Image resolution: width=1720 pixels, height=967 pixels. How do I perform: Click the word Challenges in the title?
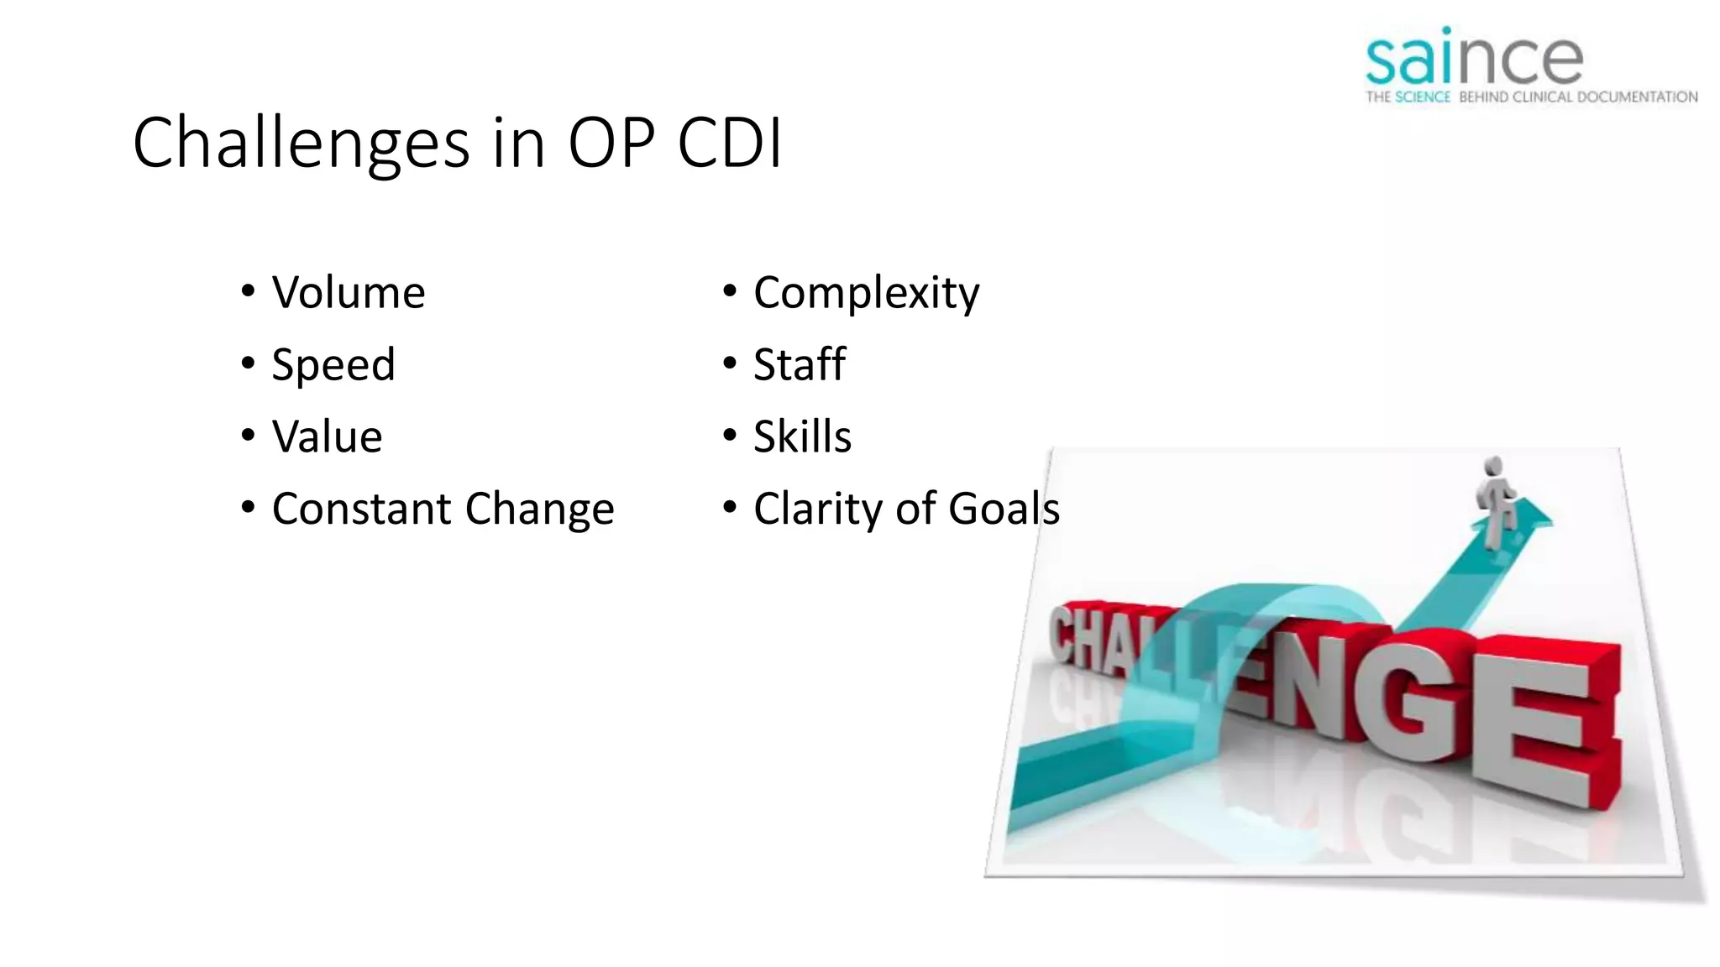[301, 144]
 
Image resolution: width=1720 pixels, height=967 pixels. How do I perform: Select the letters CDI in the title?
[729, 144]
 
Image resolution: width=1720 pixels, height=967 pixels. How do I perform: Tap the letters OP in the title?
[611, 144]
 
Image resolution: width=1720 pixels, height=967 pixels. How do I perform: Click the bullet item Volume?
[348, 293]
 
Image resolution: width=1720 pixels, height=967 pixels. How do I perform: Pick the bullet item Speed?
[333, 365]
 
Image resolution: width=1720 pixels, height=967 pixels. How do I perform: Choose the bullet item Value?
[327, 437]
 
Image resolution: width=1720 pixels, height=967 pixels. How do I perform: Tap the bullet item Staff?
[799, 365]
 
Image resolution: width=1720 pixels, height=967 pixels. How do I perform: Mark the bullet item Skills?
[802, 437]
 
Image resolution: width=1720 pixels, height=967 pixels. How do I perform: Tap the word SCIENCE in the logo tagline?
[1423, 97]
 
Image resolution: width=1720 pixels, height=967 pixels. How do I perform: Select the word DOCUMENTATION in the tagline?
[1637, 97]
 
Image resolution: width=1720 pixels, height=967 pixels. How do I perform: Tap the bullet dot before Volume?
[248, 291]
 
